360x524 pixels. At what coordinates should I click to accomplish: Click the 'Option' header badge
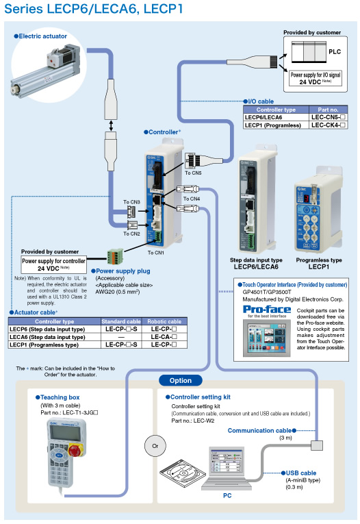pos(180,379)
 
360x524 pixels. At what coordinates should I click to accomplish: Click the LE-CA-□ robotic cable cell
pos(165,337)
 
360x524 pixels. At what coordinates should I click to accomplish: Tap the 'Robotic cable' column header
pos(165,321)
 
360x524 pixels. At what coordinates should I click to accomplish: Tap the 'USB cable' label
pos(300,473)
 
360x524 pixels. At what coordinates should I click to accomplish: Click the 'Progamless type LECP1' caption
pos(318,264)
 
